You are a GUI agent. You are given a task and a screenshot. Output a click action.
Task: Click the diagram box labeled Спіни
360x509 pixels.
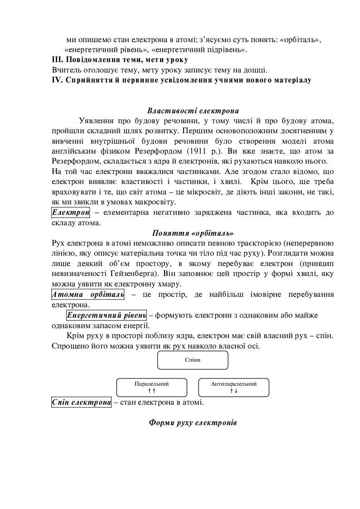click(193, 360)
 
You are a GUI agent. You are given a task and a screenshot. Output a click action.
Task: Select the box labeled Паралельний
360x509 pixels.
click(151, 387)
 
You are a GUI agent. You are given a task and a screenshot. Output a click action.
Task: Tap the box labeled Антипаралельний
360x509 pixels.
click(234, 387)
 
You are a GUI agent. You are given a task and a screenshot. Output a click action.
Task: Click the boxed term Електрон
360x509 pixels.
click(71, 213)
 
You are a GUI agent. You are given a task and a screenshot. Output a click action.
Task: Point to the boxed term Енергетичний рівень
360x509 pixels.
click(107, 315)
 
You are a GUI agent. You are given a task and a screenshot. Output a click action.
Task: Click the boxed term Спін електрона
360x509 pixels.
click(81, 402)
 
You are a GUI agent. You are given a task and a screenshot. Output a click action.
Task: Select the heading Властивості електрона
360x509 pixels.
click(193, 111)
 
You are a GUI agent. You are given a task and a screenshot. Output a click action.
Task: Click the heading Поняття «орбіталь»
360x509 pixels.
click(193, 233)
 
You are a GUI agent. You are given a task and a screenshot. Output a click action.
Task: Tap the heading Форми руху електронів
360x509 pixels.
click(193, 422)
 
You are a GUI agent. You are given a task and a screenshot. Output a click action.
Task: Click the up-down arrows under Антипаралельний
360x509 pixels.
click(234, 391)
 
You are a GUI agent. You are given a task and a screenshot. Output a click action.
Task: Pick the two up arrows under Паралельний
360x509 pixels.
click(151, 391)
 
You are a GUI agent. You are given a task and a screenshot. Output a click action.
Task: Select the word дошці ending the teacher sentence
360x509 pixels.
click(256, 70)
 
